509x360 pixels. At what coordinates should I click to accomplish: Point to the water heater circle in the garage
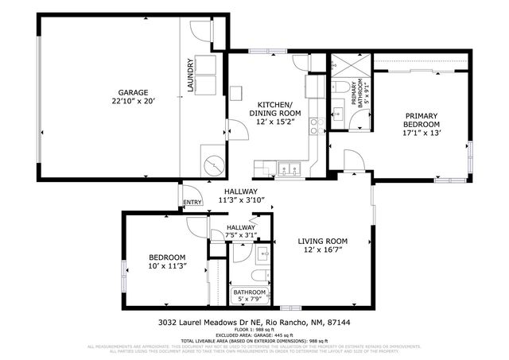[213, 165]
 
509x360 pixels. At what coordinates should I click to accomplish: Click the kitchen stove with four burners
[315, 124]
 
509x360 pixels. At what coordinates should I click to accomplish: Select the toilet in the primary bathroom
[337, 87]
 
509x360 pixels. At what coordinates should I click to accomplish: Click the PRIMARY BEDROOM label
[421, 119]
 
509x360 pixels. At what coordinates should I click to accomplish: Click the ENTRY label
[192, 203]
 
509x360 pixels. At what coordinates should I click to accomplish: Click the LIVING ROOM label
[323, 242]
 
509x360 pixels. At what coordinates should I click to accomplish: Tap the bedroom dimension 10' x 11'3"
[167, 267]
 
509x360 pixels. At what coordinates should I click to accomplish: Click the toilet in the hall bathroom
[258, 274]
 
